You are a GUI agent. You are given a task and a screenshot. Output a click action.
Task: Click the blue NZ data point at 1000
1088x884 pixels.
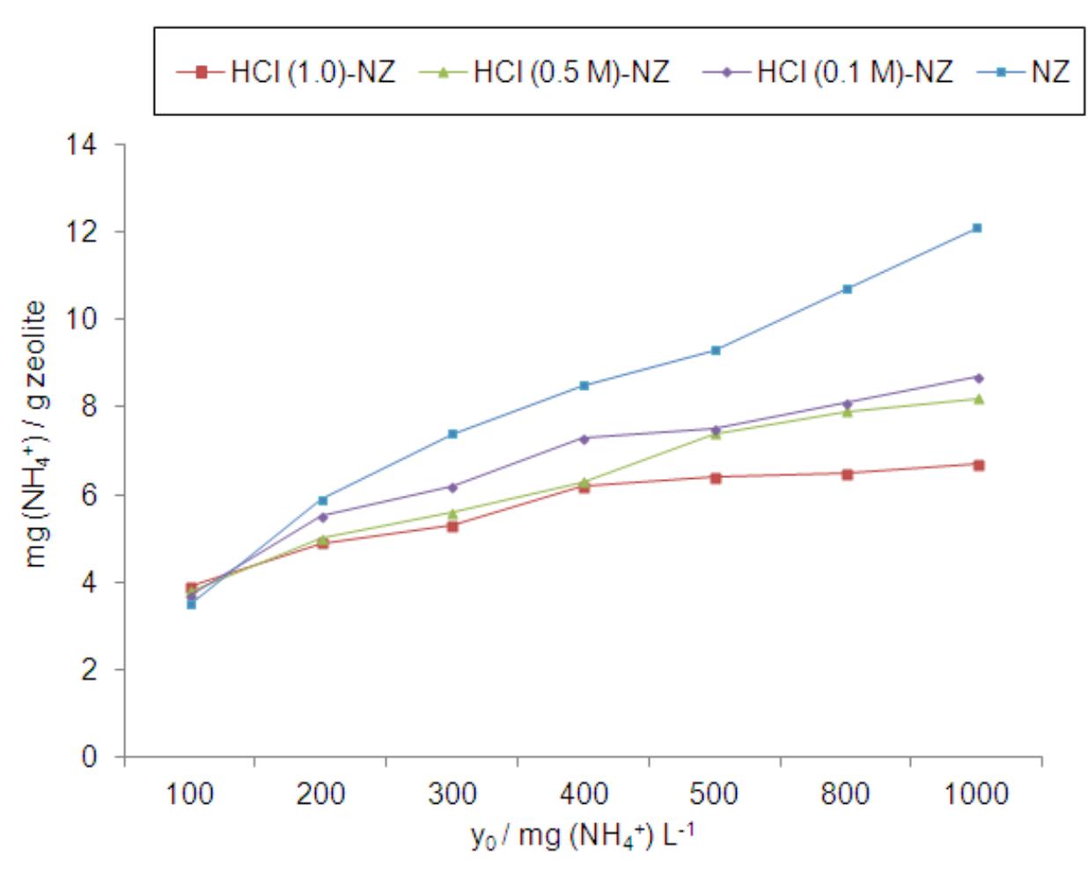click(x=976, y=228)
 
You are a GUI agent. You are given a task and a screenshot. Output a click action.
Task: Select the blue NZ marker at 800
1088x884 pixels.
click(x=847, y=289)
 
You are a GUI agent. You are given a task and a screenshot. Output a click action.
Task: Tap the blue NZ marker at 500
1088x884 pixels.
click(x=716, y=350)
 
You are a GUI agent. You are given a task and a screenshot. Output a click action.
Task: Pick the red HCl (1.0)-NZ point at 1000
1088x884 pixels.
click(x=978, y=465)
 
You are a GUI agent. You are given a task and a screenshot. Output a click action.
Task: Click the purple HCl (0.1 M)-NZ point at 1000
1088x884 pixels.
click(x=977, y=378)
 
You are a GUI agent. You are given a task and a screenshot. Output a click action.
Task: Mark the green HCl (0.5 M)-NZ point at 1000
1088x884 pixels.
click(x=977, y=399)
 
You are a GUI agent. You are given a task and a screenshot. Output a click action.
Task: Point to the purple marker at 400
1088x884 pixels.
click(x=584, y=438)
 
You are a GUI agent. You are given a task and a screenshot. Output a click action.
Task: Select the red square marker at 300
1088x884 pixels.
click(x=452, y=526)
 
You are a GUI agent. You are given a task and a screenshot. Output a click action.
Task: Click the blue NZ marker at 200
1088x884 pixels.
click(x=322, y=500)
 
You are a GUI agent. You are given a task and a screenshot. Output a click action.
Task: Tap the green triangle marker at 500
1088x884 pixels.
click(x=716, y=433)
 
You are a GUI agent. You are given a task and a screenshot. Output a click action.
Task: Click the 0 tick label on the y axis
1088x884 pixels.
click(x=90, y=756)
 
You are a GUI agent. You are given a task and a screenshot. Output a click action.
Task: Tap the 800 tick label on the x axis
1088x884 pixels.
click(x=845, y=794)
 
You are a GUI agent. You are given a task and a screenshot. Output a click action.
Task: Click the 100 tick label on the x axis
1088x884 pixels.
click(x=190, y=794)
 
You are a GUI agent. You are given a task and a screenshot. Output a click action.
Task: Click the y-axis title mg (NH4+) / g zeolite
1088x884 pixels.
click(x=35, y=434)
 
